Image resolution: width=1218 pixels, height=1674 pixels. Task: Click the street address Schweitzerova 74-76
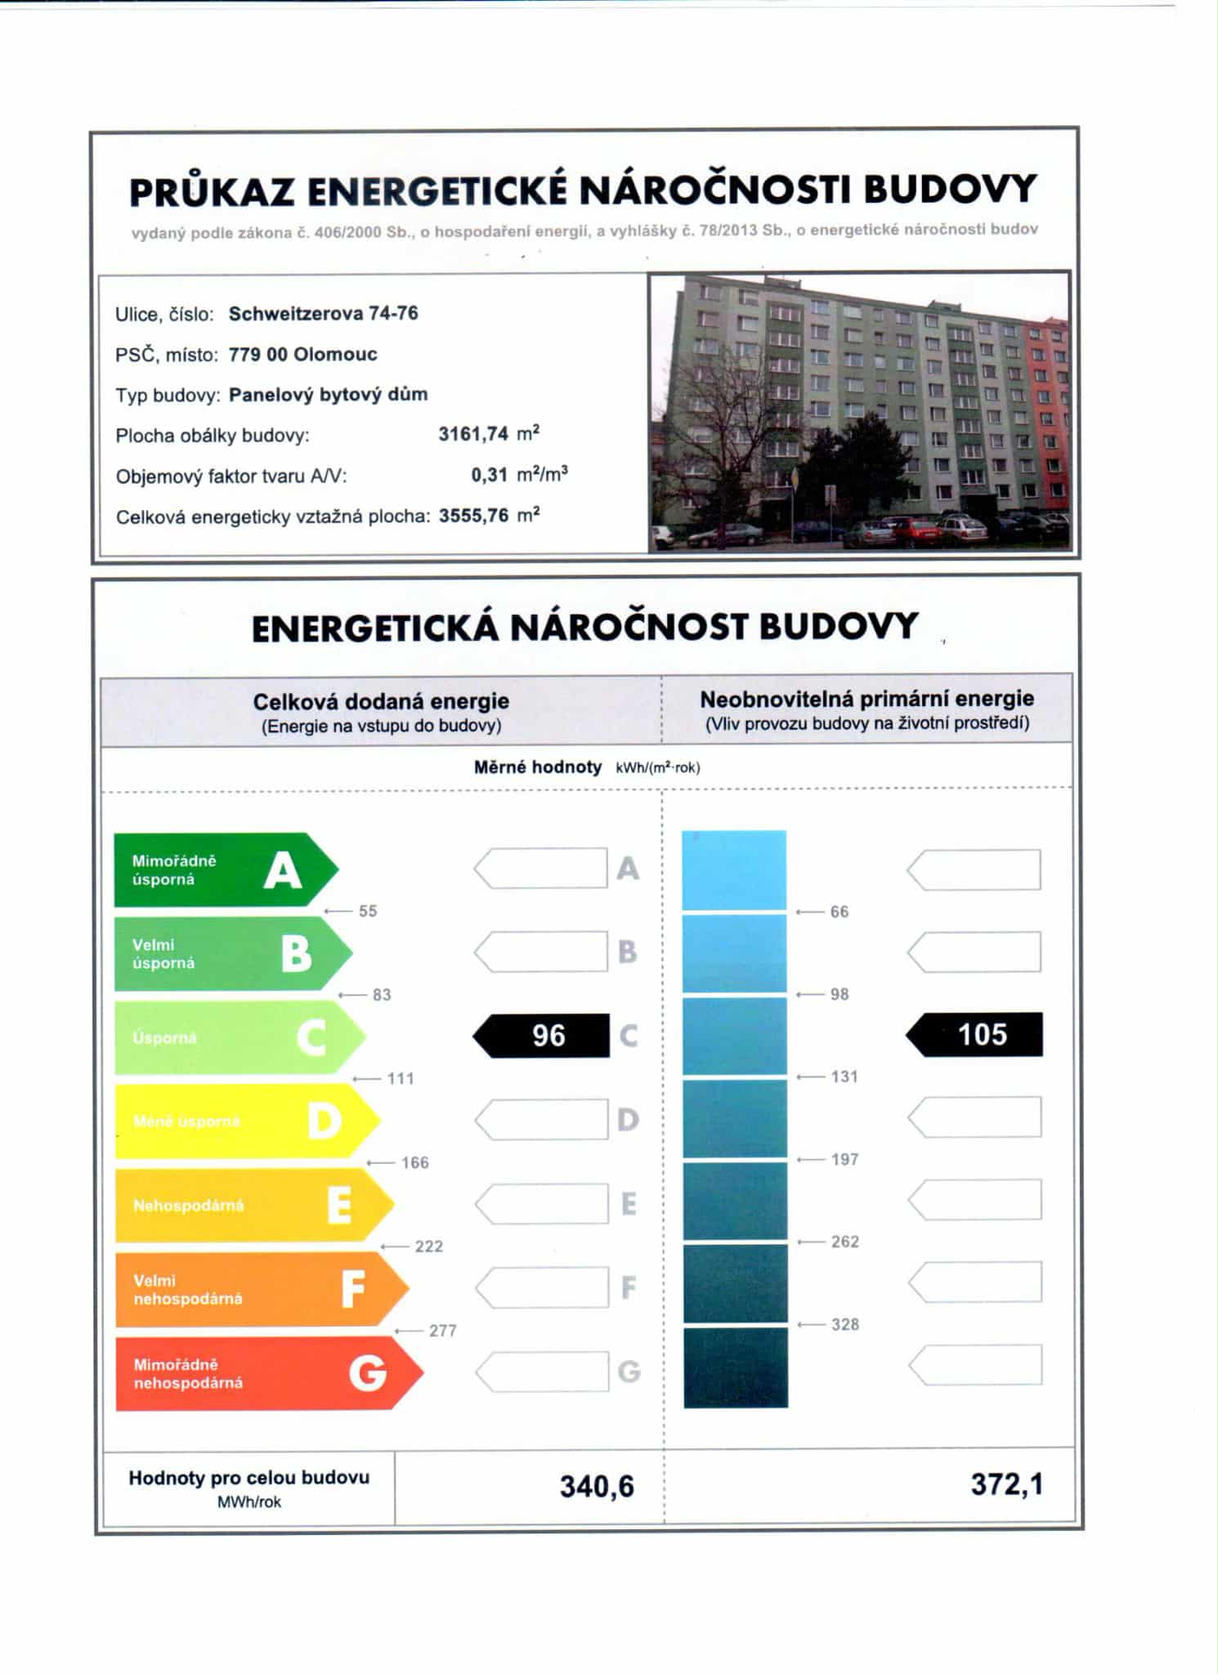[323, 313]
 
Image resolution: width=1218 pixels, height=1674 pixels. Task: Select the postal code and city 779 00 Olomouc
[302, 354]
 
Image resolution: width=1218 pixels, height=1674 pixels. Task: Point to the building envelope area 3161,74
[473, 434]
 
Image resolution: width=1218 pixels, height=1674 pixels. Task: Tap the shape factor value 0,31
[489, 475]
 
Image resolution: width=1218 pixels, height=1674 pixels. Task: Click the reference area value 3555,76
[473, 516]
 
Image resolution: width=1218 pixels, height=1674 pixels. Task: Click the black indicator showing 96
[543, 1036]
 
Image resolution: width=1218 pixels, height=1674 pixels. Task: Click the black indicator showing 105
[976, 1034]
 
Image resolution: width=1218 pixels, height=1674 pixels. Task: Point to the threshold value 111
[401, 1079]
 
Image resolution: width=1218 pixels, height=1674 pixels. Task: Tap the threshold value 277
[442, 1331]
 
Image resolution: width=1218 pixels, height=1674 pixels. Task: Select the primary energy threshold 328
[844, 1324]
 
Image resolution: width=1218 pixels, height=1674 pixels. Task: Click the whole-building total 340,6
[597, 1486]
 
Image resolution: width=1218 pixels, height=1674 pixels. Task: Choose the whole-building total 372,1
[1006, 1484]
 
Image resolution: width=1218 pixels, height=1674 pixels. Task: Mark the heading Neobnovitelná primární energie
[866, 699]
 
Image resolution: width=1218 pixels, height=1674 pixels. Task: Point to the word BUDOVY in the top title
[950, 190]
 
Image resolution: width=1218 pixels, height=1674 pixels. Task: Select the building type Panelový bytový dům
[328, 394]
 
